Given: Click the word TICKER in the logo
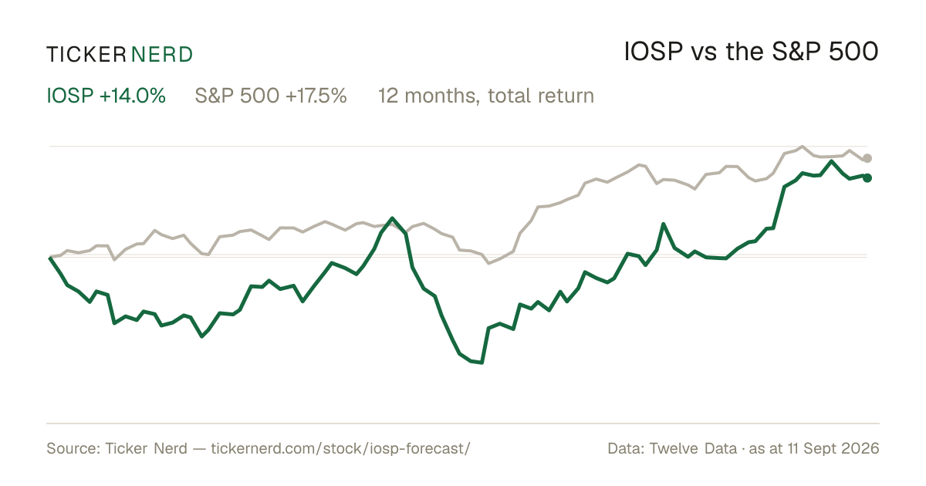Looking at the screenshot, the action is tap(86, 55).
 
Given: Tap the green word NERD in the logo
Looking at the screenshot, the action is tap(162, 55).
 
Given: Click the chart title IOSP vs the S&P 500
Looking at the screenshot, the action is tap(751, 52).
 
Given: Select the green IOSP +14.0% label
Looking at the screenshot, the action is tap(106, 96).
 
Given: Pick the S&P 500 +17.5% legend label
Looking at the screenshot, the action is tap(271, 96).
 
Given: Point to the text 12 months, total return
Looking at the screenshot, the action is tap(486, 96).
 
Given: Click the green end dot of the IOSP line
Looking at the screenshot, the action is tap(867, 177).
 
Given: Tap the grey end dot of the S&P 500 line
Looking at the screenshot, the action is tap(867, 158).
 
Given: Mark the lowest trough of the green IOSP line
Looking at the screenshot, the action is tap(482, 363).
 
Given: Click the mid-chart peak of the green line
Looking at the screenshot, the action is tap(392, 218).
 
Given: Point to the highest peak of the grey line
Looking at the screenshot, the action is tap(803, 146).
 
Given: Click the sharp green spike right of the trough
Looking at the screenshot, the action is tap(664, 224).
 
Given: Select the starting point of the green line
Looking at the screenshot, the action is tap(50, 258).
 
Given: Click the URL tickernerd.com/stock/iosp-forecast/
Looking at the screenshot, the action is tap(340, 448).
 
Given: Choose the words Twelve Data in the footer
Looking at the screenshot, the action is tap(693, 448).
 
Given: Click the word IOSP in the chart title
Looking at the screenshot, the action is tap(653, 52).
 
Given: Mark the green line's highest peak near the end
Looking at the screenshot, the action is tap(831, 161).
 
